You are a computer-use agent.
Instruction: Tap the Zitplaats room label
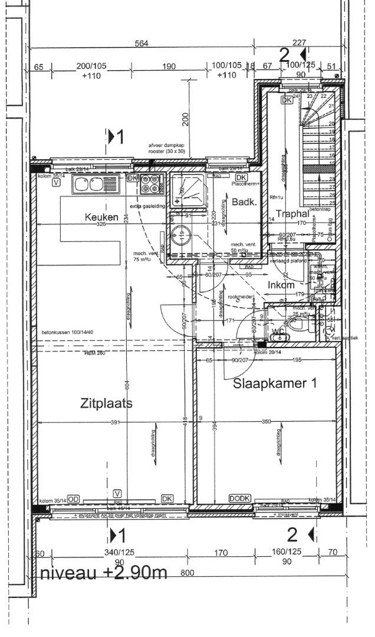pos(106,403)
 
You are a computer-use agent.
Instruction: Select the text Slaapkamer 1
pos(275,383)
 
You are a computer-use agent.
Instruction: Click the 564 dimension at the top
pos(140,42)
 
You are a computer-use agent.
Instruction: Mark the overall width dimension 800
pos(187,573)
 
